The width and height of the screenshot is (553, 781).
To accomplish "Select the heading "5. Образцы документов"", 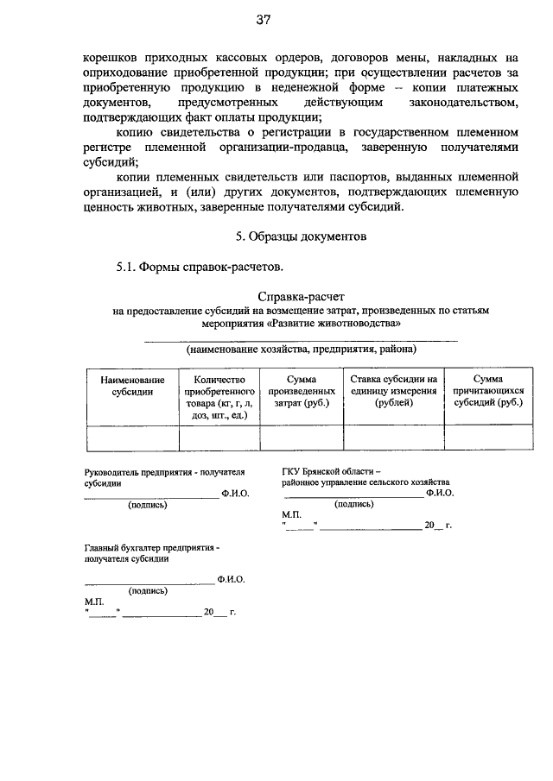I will point(302,236).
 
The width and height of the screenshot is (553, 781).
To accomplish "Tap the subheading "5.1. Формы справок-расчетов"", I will point(200,268).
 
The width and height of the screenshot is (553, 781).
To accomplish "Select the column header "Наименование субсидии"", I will point(131,385).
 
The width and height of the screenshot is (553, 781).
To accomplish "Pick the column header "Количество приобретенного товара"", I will point(219,397).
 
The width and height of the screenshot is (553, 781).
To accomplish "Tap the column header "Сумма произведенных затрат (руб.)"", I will point(302,391).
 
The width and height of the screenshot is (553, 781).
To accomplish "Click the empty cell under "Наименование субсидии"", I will point(131,438).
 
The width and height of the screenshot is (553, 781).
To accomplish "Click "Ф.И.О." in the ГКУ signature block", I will point(439,493).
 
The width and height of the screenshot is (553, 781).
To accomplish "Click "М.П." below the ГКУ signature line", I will point(291,514).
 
